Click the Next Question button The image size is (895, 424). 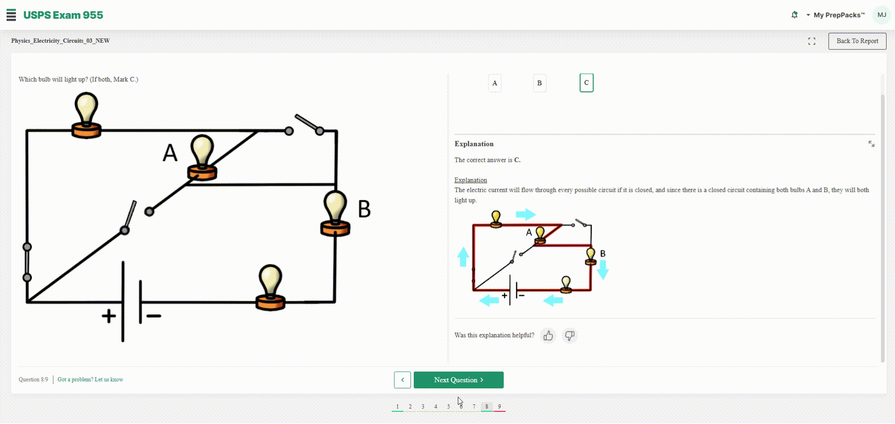(458, 380)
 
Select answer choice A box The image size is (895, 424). (494, 83)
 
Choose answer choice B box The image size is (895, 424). (539, 83)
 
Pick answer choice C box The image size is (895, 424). (586, 83)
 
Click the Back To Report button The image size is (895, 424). (857, 41)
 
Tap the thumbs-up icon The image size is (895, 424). (548, 335)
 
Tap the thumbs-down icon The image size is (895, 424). (569, 335)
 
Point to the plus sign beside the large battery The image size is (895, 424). (109, 316)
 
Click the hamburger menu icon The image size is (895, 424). (11, 15)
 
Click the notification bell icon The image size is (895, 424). (794, 15)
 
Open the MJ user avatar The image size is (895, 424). (882, 15)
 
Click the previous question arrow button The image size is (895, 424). (402, 380)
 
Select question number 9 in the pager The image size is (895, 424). (500, 407)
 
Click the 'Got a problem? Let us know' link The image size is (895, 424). (91, 379)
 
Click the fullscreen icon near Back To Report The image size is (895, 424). (812, 41)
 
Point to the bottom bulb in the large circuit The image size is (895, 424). (270, 288)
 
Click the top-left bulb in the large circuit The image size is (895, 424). (86, 115)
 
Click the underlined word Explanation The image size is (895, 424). (470, 180)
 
